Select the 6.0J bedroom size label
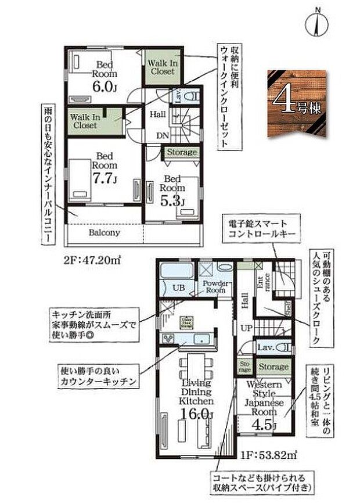[x=107, y=87]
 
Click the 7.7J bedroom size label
[x=107, y=178]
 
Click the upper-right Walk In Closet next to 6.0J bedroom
[x=162, y=67]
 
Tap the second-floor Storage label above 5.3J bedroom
[x=182, y=153]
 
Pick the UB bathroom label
[x=178, y=286]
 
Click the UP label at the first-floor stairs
[x=246, y=328]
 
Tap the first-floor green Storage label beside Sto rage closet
[x=273, y=367]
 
